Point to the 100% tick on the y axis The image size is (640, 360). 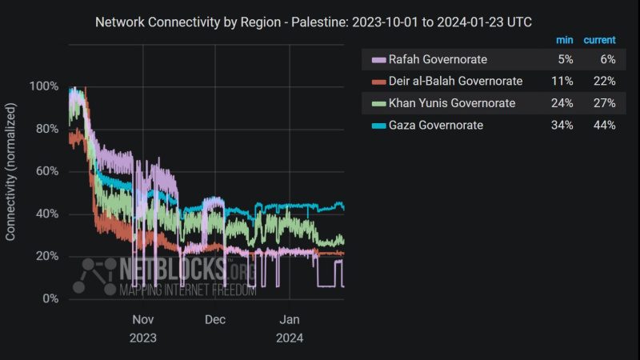tap(44, 86)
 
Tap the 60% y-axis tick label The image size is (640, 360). tap(46, 171)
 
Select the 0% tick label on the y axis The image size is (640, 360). tap(50, 298)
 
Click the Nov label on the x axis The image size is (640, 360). tap(142, 319)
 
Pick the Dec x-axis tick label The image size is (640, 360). tap(215, 319)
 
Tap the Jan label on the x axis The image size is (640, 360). tap(289, 319)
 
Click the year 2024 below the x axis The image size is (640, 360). tap(289, 337)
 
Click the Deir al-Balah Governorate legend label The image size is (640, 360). tap(454, 81)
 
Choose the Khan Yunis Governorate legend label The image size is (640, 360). tap(451, 103)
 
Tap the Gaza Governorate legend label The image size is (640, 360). tap(435, 126)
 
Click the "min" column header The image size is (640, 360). tap(565, 39)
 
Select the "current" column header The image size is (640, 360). tap(598, 39)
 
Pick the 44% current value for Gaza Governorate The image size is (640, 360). tap(605, 126)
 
